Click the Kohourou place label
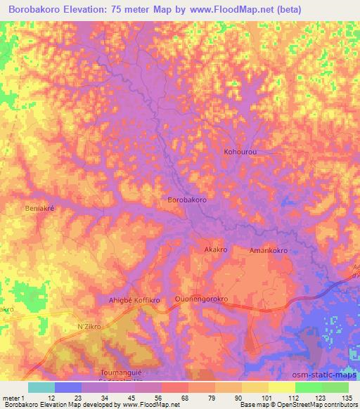(241, 151)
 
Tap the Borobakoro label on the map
(187, 200)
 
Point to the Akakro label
(215, 249)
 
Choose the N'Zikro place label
(89, 327)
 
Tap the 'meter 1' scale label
(14, 398)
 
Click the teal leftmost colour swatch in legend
(41, 387)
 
